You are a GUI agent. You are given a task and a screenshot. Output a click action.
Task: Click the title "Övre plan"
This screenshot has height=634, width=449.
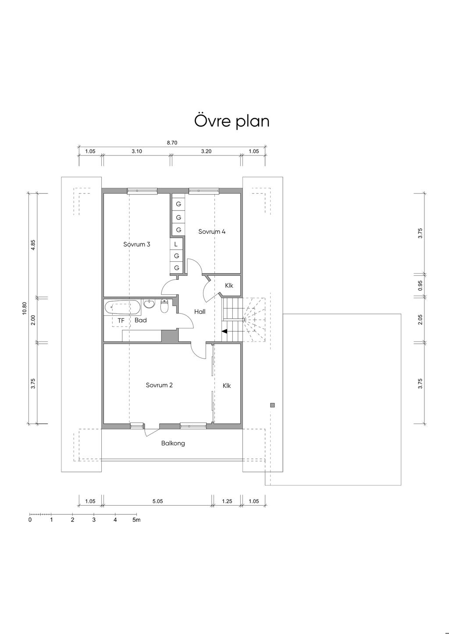tap(232, 121)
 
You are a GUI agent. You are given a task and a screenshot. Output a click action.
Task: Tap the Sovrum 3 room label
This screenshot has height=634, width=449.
tap(137, 244)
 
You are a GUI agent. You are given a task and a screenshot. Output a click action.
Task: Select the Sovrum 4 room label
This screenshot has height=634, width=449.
tap(212, 232)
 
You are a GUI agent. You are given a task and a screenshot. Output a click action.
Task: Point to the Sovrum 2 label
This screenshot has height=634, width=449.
tap(159, 385)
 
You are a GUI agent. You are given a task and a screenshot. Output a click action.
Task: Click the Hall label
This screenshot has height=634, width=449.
tap(200, 312)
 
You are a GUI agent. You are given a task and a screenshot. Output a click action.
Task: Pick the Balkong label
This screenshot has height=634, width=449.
tap(173, 443)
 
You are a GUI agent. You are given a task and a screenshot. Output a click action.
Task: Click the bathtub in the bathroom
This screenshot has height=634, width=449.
tap(122, 308)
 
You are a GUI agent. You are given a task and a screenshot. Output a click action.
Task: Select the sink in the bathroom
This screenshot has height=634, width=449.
tap(149, 303)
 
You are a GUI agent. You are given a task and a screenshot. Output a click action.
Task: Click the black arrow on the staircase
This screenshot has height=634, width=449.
tap(224, 331)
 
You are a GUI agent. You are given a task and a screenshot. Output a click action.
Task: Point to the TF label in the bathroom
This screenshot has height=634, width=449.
tap(121, 321)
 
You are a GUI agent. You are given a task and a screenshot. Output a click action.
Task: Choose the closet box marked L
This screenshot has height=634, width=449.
tap(176, 244)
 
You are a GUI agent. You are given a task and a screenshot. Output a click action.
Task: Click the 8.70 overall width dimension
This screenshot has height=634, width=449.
tap(172, 143)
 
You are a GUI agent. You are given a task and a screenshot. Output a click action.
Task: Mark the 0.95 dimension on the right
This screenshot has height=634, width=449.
tap(420, 285)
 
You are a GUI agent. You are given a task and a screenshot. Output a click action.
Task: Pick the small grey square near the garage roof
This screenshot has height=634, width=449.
tap(272, 405)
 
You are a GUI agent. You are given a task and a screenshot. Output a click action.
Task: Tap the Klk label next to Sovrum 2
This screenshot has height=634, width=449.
tap(227, 385)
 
